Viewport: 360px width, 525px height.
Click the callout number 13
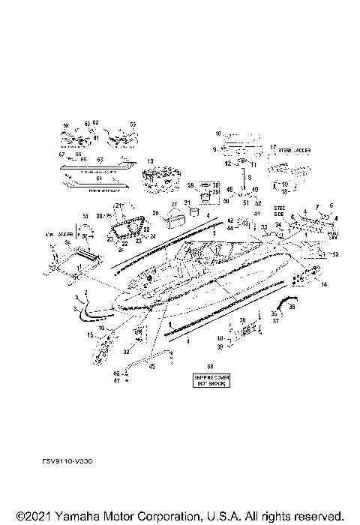(149, 161)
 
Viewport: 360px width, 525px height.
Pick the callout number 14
(324, 286)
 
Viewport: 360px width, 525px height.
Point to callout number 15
(91, 335)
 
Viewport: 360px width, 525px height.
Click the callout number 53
(335, 255)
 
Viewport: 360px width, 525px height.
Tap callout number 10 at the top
(219, 133)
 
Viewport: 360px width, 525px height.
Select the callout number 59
(133, 124)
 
